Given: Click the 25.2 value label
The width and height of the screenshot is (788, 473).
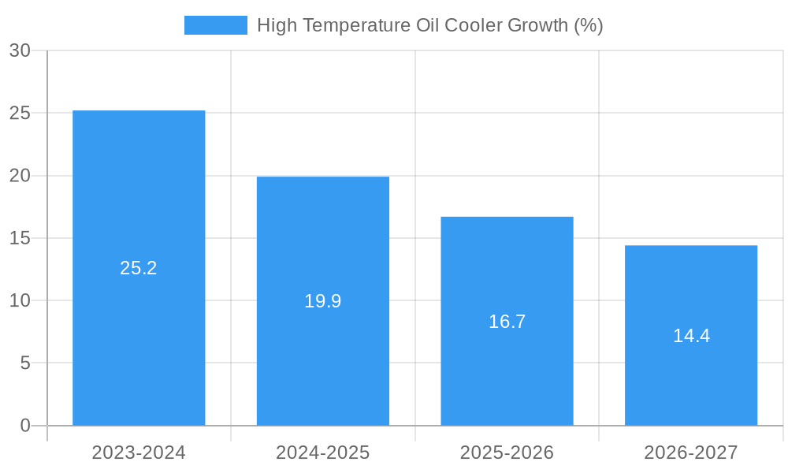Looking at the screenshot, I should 139,268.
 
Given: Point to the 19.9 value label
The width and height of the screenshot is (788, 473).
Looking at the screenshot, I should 323,301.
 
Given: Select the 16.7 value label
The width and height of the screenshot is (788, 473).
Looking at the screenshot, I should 507,322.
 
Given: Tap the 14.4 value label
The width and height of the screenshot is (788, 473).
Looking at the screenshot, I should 691,336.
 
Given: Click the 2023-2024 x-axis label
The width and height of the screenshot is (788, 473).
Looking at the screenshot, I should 139,453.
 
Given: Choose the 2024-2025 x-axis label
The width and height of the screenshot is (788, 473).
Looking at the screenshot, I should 323,453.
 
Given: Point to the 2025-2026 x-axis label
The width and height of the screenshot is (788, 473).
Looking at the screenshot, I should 507,453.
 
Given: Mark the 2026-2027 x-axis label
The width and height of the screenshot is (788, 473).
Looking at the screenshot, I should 691,453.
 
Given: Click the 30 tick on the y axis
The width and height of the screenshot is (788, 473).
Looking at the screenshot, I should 20,50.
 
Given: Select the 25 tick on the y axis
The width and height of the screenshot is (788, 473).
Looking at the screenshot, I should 20,113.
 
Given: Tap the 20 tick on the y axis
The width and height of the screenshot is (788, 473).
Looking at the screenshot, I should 20,176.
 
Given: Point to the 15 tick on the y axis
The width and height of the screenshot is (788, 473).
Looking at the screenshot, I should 20,238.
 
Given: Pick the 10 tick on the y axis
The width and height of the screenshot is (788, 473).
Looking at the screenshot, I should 20,300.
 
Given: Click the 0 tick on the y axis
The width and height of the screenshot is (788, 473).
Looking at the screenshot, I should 25,426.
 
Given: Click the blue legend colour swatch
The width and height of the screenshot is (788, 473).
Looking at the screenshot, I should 215,25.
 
